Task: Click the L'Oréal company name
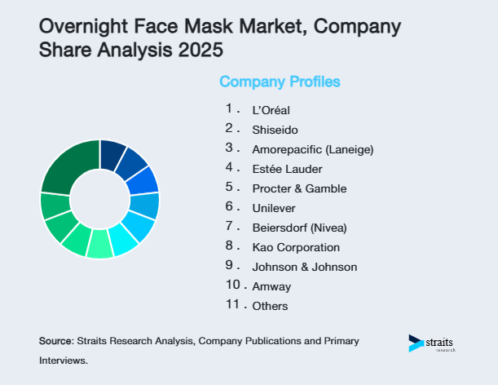pyautogui.click(x=271, y=110)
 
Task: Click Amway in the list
pyautogui.click(x=271, y=286)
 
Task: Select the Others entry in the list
pyautogui.click(x=270, y=306)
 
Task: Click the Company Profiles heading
pyautogui.click(x=280, y=82)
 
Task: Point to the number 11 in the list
pyautogui.click(x=232, y=304)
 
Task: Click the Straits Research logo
pyautogui.click(x=433, y=343)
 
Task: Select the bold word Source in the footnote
pyautogui.click(x=55, y=340)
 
